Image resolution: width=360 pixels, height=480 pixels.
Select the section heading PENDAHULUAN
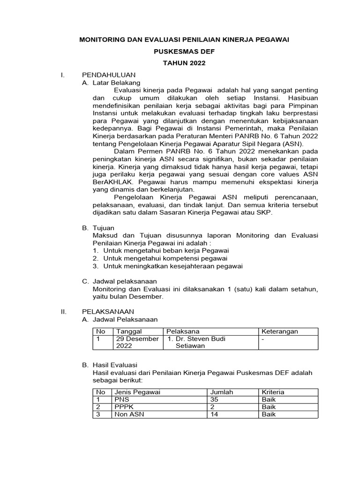tap(109, 75)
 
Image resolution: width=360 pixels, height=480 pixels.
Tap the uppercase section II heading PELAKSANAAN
tap(108, 311)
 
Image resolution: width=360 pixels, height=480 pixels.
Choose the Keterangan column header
tap(279, 331)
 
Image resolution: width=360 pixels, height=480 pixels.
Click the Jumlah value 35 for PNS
tap(215, 399)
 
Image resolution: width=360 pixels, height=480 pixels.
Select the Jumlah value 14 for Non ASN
tap(215, 414)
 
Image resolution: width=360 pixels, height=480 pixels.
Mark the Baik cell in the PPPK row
tap(269, 407)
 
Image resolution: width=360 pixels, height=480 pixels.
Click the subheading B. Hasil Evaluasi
tap(115, 365)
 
